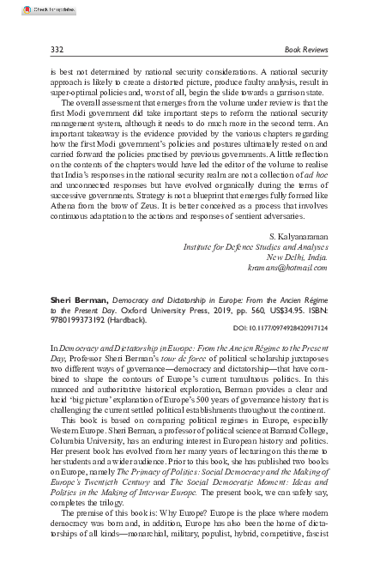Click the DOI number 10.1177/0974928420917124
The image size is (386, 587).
coord(280,327)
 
